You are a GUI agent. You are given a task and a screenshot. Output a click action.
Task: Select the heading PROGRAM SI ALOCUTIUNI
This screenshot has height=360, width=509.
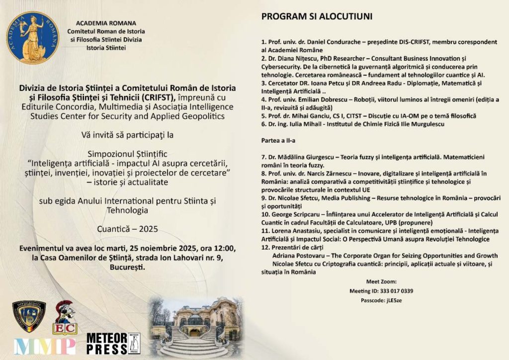317,16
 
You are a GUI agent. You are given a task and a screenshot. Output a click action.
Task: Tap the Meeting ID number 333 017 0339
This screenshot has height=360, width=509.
396,291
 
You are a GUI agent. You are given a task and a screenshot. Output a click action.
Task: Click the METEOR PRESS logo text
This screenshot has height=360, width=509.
107,344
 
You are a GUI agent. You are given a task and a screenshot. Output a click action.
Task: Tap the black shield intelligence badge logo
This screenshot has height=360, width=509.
29,316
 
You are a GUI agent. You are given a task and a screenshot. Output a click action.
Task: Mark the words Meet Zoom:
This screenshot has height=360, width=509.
382,281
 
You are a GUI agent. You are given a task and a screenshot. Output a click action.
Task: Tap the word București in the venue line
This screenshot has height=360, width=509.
124,267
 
